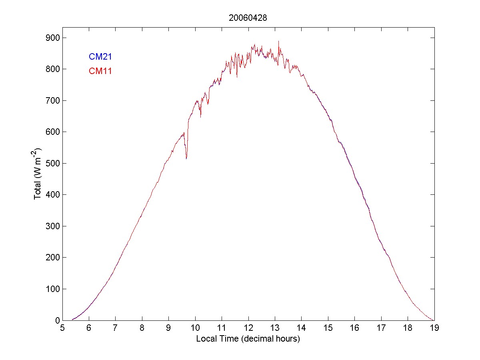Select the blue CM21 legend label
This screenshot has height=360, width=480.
[x=100, y=57]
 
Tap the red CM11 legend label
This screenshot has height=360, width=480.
[x=100, y=71]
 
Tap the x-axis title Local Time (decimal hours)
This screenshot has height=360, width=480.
[x=248, y=339]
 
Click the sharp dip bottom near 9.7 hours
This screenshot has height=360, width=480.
[x=186, y=158]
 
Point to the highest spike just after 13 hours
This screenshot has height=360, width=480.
[x=278, y=41]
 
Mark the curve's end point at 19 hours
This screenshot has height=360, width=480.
[x=434, y=320]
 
